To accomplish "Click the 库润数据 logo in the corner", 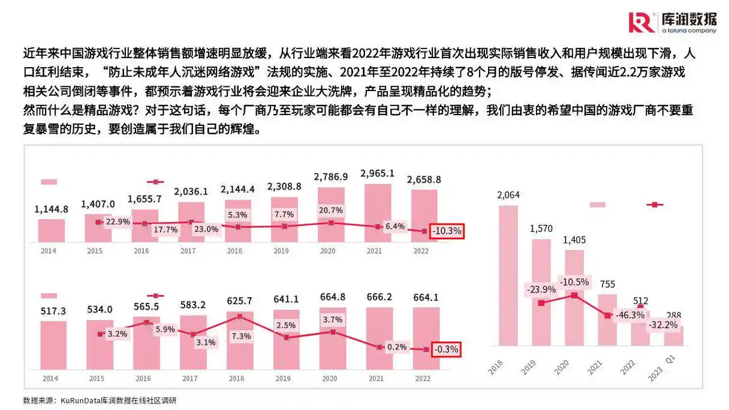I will [672, 22].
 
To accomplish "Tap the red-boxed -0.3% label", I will [447, 349].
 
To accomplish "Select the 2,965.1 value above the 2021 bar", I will [377, 174].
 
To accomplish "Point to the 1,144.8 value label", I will [51, 209].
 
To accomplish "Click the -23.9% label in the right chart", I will [541, 289].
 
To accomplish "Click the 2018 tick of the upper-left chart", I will [234, 251].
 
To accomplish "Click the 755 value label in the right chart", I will [607, 285].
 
